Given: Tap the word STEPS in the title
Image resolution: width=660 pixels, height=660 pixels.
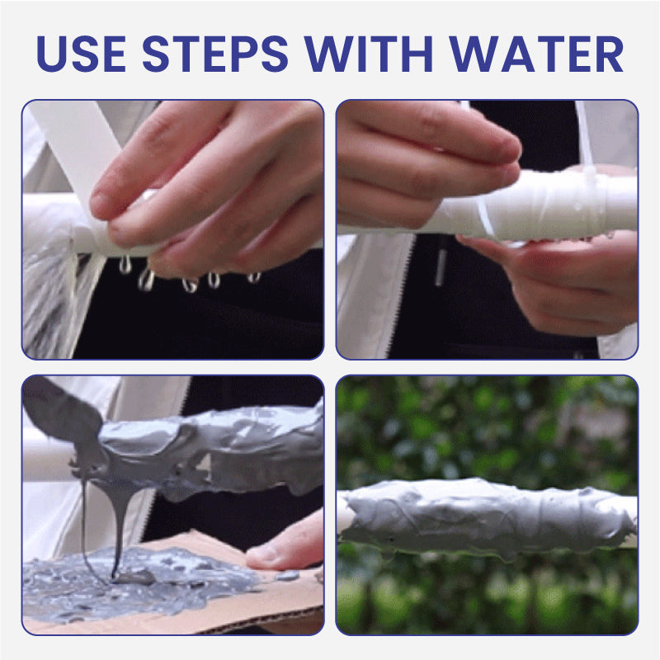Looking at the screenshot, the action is point(215,54).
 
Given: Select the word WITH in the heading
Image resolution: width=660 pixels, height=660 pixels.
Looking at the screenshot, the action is point(369,54).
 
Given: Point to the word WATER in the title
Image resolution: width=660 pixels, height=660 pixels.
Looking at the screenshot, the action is point(535,54).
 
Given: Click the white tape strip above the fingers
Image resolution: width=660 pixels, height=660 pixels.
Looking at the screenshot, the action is point(76,139).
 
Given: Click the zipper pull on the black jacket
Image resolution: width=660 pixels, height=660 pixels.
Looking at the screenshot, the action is point(441,267).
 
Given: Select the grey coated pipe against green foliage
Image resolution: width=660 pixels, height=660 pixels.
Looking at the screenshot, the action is point(488,518).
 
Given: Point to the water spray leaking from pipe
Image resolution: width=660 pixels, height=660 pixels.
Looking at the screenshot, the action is point(50,295).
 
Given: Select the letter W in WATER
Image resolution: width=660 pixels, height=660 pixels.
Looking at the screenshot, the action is point(472,54).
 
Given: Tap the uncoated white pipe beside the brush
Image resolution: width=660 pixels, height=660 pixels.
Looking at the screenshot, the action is point(47,461).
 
